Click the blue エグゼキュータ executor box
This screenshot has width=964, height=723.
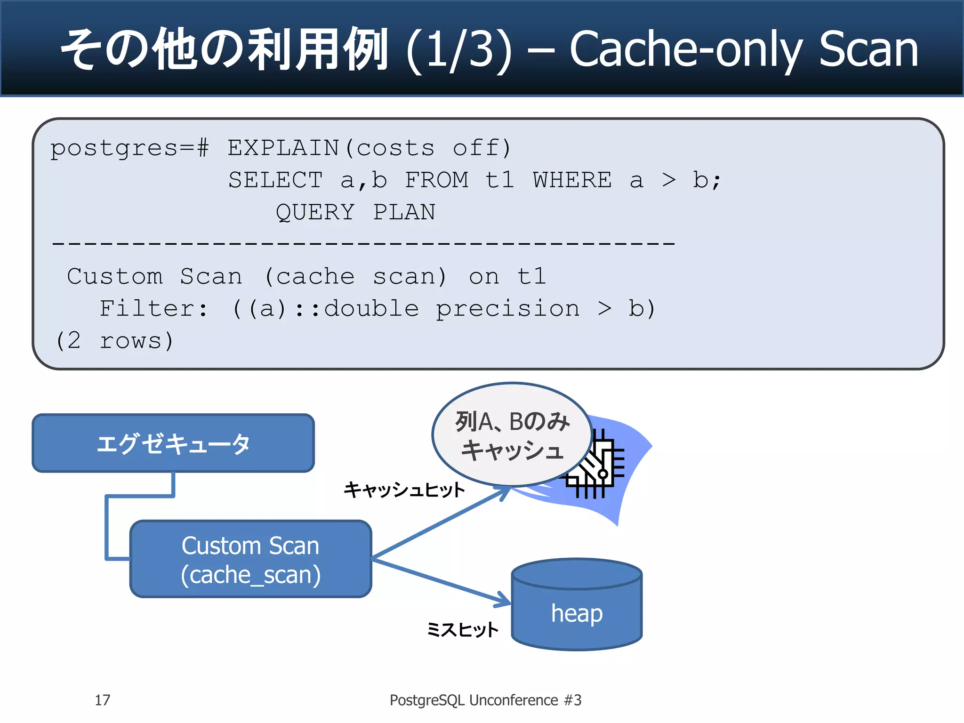click(x=173, y=443)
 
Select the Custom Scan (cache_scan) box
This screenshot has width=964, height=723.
click(x=250, y=559)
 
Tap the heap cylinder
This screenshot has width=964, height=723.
click(x=577, y=607)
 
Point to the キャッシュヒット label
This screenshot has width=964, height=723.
click(x=404, y=490)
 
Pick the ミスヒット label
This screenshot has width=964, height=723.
click(x=462, y=629)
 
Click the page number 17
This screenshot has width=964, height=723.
click(x=102, y=700)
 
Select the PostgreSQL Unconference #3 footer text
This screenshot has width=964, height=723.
click(x=485, y=700)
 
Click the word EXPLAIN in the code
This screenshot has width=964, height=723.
click(x=283, y=148)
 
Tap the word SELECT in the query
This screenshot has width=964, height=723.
click(x=275, y=180)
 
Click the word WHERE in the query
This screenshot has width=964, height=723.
click(x=572, y=180)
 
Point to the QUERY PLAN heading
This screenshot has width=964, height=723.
click(x=355, y=212)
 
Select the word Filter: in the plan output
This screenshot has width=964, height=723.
click(x=153, y=309)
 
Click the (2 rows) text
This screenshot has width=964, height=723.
click(x=114, y=340)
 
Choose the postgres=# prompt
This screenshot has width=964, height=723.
click(x=129, y=148)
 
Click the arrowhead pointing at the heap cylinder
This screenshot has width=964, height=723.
click(x=504, y=601)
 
